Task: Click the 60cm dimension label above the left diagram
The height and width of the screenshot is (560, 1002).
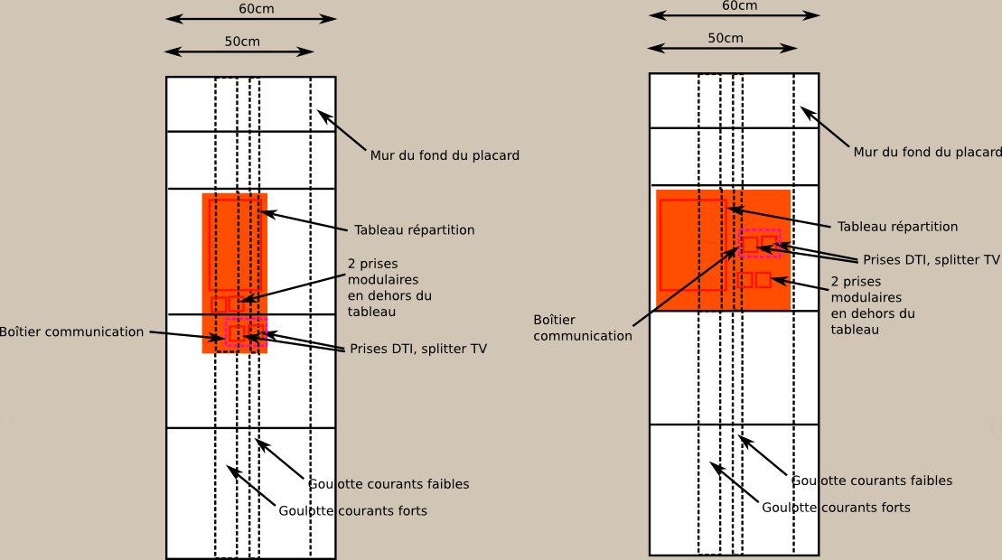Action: [x=257, y=8]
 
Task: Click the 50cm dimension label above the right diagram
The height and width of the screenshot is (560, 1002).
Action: [x=726, y=38]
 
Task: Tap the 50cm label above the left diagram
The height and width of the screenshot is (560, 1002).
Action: [x=242, y=42]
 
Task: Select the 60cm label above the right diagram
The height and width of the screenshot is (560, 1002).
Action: [x=739, y=5]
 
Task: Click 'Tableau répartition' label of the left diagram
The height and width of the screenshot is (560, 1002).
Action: [x=415, y=230]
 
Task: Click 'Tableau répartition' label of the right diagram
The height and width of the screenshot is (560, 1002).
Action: [x=898, y=227]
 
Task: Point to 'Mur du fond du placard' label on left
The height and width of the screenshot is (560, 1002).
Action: [x=445, y=155]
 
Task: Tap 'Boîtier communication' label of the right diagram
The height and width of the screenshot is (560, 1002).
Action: [x=583, y=328]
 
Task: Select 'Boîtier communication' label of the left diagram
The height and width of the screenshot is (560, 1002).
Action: [x=71, y=332]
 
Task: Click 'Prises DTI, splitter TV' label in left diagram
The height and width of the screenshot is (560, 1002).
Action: [x=418, y=349]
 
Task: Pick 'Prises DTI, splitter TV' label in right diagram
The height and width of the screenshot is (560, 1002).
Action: [x=932, y=260]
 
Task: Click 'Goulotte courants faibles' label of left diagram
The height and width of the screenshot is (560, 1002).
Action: [x=389, y=484]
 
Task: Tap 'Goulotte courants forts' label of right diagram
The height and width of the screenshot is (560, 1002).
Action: [x=836, y=508]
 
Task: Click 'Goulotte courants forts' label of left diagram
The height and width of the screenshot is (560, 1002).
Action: [x=352, y=511]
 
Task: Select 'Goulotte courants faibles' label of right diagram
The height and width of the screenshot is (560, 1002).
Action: [x=872, y=481]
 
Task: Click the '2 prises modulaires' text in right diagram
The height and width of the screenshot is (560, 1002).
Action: [x=866, y=289]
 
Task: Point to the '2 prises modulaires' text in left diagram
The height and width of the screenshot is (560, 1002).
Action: [x=383, y=271]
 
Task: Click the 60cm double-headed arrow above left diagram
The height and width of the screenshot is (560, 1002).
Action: [x=251, y=19]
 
